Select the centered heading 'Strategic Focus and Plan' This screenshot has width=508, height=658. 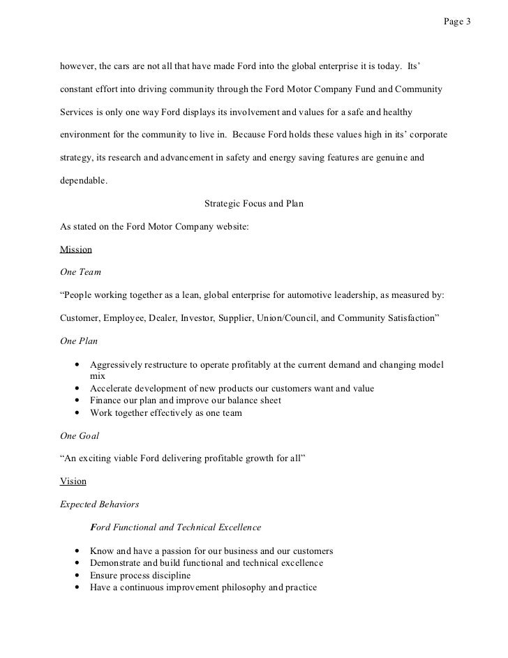click(253, 204)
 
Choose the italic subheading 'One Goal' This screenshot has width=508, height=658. click(80, 435)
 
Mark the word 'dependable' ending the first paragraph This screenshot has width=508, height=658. click(83, 181)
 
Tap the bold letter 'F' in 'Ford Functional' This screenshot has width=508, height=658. click(93, 527)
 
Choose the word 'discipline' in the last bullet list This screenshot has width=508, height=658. click(170, 576)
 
